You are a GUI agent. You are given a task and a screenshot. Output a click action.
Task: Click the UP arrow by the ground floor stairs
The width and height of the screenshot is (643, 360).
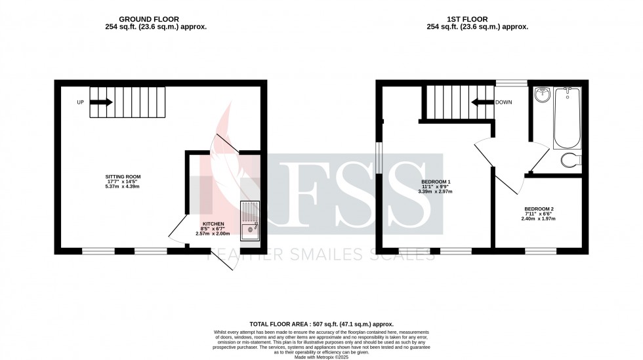coord(102,102)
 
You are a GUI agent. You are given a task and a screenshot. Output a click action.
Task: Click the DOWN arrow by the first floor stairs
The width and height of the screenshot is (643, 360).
coord(482,102)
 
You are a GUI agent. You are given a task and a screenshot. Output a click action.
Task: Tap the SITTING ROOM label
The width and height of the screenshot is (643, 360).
coord(123,176)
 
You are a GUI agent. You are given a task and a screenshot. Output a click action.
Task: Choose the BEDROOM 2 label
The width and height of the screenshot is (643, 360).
coord(538,209)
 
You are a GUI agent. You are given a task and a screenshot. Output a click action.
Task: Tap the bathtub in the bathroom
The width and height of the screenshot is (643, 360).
coord(566,118)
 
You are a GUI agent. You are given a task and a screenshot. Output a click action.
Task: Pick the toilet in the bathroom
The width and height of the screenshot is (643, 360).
coord(571,159)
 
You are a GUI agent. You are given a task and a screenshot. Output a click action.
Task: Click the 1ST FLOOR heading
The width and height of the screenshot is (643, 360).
coord(477,20)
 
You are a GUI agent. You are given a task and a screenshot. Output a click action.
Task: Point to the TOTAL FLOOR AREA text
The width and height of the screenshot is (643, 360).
coord(321,325)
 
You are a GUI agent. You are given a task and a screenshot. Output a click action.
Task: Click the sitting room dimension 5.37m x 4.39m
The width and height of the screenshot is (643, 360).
coord(123,187)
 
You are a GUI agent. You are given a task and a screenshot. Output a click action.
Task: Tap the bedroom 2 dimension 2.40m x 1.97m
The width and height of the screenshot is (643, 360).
coord(538,219)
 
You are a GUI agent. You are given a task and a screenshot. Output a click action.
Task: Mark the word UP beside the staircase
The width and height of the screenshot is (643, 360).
coord(80,102)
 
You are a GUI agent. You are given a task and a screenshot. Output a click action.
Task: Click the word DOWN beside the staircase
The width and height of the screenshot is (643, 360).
coord(504,102)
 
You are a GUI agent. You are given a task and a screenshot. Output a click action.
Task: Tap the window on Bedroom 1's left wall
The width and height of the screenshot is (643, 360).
coord(378,158)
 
